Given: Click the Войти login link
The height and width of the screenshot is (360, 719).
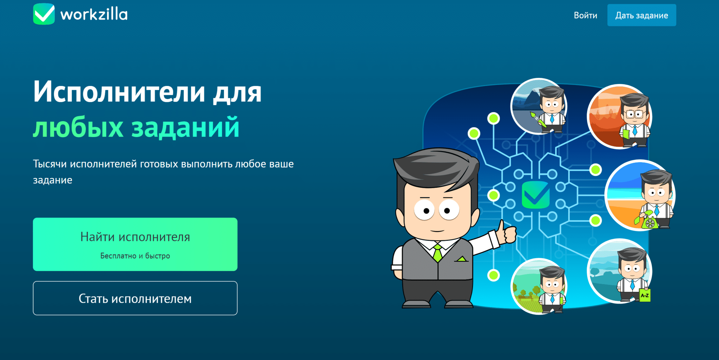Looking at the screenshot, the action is [585, 15].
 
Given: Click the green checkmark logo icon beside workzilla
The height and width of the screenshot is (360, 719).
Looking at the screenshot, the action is [44, 14].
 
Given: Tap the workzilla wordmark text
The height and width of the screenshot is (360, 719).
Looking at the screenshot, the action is [94, 14].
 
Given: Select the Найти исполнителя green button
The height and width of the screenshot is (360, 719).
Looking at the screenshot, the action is [135, 244].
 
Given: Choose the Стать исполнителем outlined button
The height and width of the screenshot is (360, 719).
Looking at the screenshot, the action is [135, 298].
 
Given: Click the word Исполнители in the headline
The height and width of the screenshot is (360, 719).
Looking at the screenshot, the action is [119, 91].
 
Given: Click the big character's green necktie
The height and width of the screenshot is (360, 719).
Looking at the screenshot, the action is [437, 253].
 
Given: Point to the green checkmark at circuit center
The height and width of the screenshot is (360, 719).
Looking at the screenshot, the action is [535, 195].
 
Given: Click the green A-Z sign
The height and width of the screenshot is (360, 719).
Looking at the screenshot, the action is [645, 295].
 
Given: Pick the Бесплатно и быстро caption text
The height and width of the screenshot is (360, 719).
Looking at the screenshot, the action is [135, 256].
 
